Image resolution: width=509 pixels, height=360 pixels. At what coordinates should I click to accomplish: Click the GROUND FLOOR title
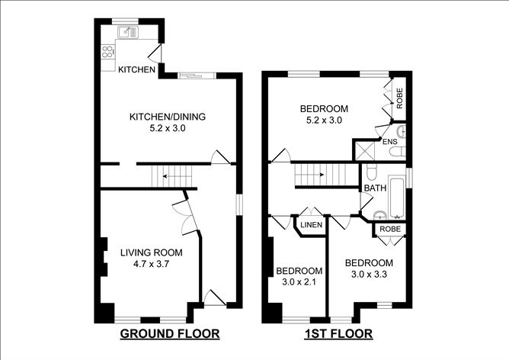tap(170, 333)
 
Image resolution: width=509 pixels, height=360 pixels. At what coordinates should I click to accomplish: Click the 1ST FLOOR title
tap(338, 333)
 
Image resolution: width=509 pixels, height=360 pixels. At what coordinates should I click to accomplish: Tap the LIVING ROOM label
tap(152, 252)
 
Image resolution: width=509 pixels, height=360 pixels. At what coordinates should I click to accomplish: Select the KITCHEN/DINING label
tap(168, 117)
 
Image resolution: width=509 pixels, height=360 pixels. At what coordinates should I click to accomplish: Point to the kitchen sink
tap(128, 32)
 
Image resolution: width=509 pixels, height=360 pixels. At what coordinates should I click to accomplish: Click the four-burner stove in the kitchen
tap(107, 52)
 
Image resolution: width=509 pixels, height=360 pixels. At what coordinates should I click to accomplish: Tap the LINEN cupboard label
tap(312, 225)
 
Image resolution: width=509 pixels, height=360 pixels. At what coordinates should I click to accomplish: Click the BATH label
tap(375, 188)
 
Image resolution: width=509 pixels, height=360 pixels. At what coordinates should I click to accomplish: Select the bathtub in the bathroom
tap(397, 198)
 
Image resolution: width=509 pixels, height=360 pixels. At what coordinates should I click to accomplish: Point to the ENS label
tap(390, 142)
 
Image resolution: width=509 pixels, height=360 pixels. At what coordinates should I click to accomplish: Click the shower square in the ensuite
tap(365, 150)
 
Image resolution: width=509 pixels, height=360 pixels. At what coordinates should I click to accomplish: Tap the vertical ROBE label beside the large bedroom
tap(399, 98)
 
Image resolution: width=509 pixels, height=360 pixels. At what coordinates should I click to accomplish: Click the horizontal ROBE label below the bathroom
tap(390, 229)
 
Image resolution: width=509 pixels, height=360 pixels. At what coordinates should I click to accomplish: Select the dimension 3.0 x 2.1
tap(299, 282)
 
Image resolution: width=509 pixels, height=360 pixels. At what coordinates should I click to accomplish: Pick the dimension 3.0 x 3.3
tap(369, 275)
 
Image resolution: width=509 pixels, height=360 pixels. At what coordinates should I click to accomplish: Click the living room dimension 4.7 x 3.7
tap(152, 264)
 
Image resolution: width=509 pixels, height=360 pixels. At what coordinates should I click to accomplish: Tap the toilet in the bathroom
tap(371, 171)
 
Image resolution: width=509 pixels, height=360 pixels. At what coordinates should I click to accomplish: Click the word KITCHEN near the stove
tap(136, 69)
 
